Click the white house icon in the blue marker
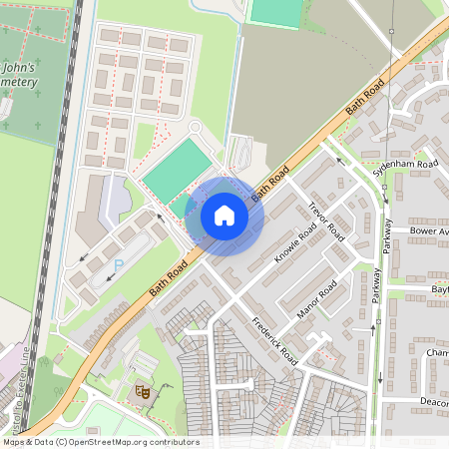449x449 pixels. pos(224,215)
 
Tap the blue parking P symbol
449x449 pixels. pos(120,264)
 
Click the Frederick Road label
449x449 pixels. pos(275,340)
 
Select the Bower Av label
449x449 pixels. pos(429,230)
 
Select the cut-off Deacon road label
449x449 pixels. pos(434,402)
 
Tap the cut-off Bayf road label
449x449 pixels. pos(440,289)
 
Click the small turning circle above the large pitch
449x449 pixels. pos(196,127)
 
